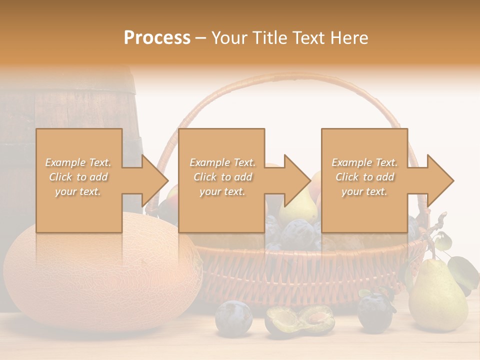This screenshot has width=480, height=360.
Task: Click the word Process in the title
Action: [157, 38]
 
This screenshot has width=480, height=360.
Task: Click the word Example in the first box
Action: [65, 162]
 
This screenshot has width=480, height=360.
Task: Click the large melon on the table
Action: [100, 280]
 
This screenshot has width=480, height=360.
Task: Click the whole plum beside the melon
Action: [233, 317]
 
